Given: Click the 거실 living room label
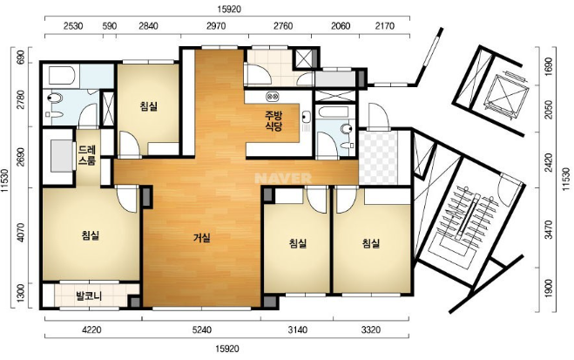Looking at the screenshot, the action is [x=202, y=238].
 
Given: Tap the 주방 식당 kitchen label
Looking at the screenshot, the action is [x=273, y=121].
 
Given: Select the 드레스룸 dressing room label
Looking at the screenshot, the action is [x=87, y=155].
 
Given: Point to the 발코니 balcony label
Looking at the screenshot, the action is [x=89, y=295].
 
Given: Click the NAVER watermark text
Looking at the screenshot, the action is [x=283, y=178].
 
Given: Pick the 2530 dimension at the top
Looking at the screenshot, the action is [x=73, y=26].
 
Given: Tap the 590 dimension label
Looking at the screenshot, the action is [x=110, y=26].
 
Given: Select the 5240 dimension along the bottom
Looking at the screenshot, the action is [x=202, y=330].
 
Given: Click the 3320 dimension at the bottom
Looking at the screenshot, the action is [x=371, y=330].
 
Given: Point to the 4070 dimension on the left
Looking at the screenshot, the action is [x=21, y=232].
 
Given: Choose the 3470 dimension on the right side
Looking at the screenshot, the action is [x=548, y=229].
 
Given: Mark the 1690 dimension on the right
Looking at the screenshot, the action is [x=548, y=66].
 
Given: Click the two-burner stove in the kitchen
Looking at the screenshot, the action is [x=273, y=97].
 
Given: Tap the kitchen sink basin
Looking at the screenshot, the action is [x=306, y=117].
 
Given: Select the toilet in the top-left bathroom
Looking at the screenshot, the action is [x=56, y=98].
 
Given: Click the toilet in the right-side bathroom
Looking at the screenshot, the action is [x=347, y=129].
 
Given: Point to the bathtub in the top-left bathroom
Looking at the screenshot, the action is [x=62, y=76].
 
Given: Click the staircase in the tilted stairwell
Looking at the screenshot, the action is [x=466, y=223].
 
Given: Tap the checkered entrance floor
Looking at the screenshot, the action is [x=378, y=158].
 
